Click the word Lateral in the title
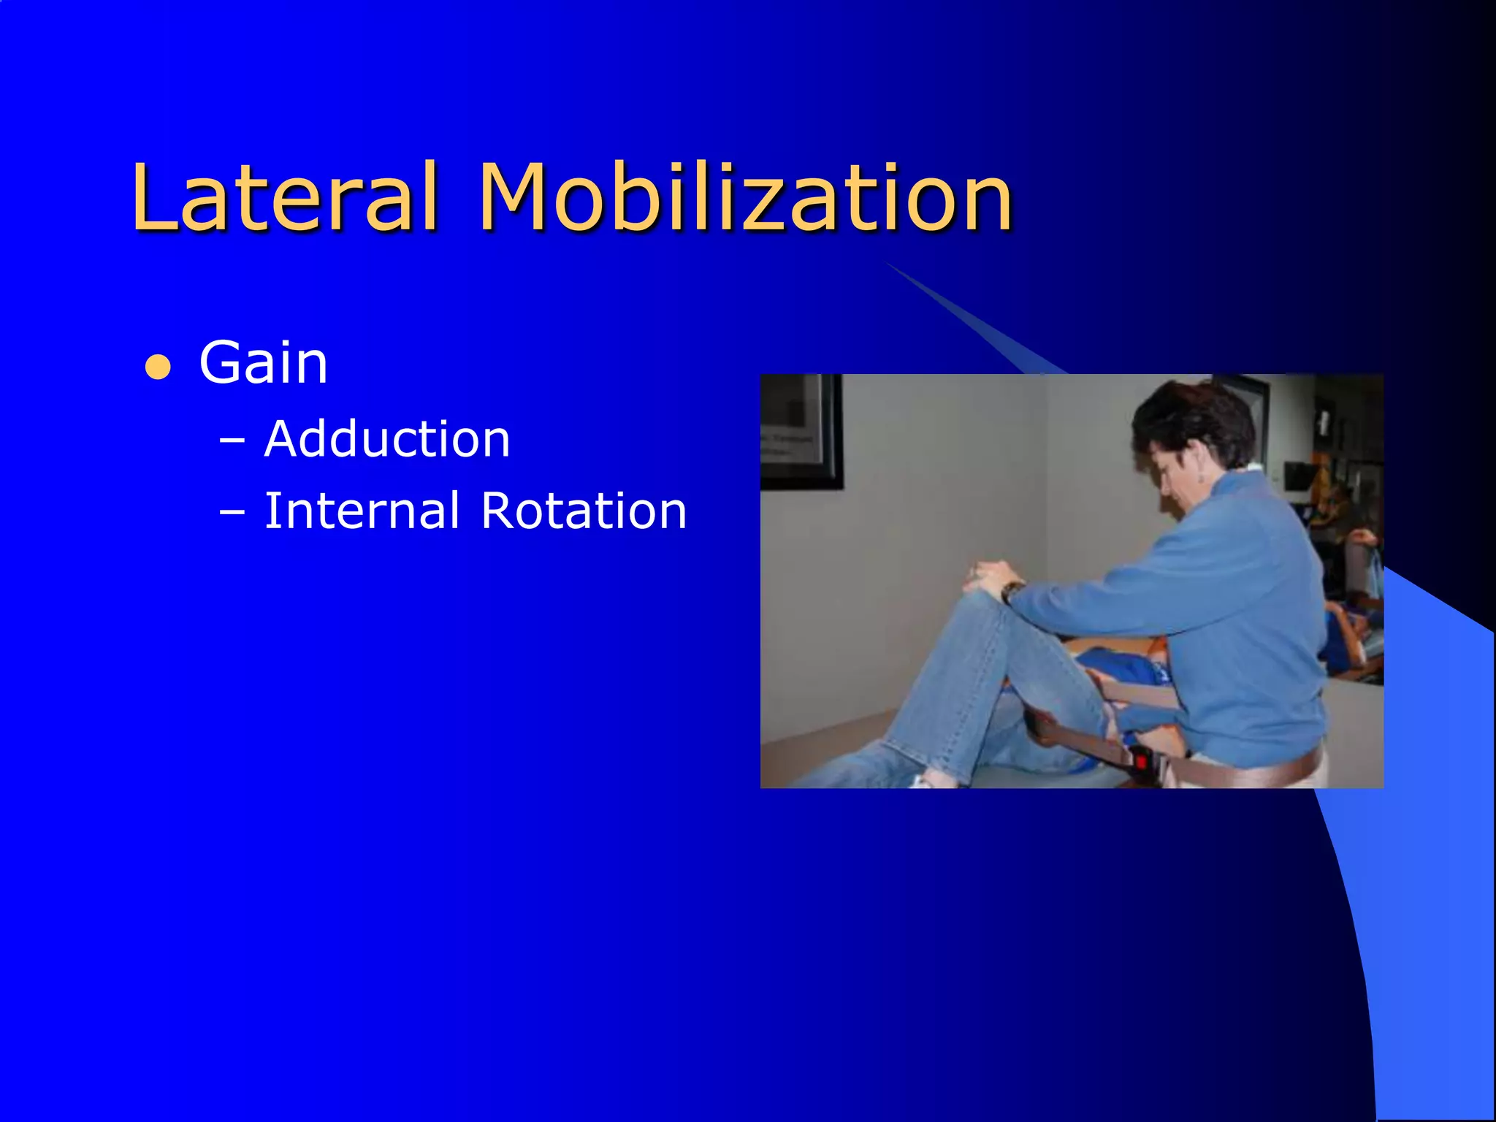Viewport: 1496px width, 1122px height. point(285,197)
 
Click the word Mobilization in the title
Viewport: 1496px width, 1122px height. point(745,197)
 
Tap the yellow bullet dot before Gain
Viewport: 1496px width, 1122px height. point(158,367)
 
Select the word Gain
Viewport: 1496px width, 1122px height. point(263,363)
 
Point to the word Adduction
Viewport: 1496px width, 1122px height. point(387,440)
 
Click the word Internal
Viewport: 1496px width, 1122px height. point(362,511)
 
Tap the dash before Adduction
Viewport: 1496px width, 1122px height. point(232,442)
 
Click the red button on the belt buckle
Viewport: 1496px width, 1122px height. point(1141,763)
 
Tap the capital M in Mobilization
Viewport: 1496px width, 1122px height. point(520,197)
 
